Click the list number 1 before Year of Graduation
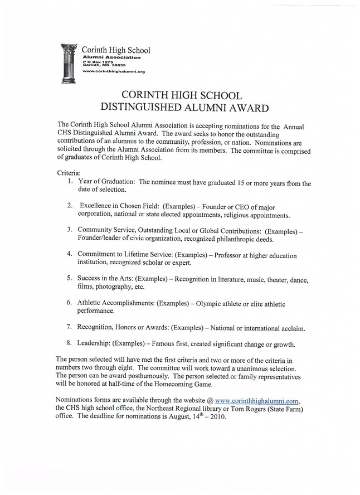(x=69, y=182)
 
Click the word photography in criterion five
(x=110, y=287)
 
